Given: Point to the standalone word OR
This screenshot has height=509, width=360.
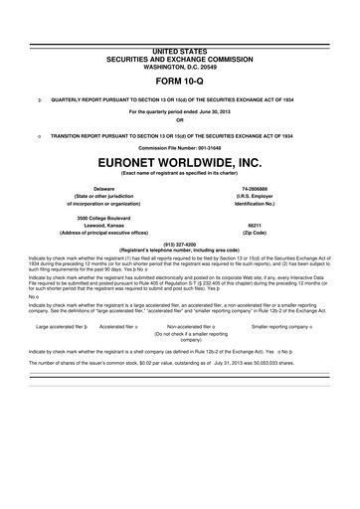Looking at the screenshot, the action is pos(180,120).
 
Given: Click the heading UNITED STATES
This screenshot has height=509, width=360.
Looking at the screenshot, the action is pos(180,49).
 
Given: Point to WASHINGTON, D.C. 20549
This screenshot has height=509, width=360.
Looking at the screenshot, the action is pos(180,64).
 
